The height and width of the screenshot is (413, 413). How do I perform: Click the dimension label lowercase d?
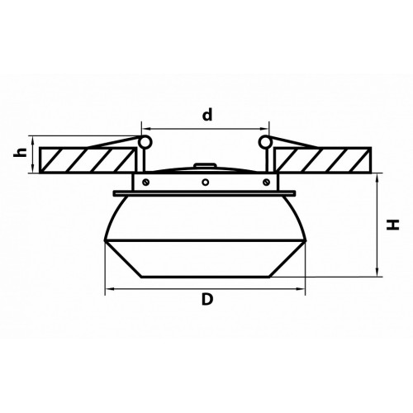click(207, 115)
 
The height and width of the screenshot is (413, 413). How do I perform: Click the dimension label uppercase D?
click(207, 299)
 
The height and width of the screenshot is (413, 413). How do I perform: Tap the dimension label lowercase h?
click(21, 152)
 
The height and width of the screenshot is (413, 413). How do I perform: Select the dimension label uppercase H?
click(392, 225)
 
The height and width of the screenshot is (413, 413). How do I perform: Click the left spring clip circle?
click(145, 142)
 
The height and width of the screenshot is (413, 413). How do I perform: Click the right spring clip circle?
click(265, 142)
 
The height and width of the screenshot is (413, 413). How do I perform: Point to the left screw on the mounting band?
click(146, 182)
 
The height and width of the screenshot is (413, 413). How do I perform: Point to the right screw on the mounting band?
click(266, 182)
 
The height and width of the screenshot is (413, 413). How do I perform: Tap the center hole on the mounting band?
click(206, 182)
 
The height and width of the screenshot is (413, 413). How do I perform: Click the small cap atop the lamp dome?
click(205, 165)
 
